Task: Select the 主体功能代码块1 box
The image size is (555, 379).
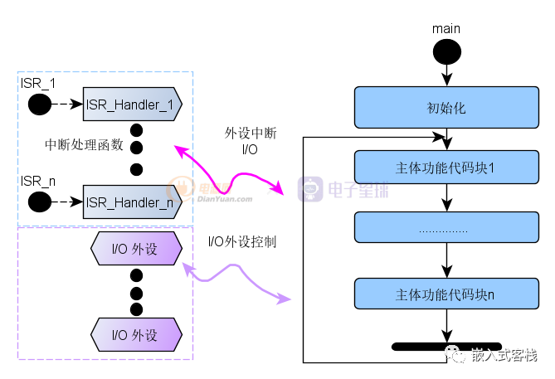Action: pos(445,167)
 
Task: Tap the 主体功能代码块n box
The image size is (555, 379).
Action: pos(445,294)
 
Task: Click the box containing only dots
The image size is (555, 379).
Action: pos(445,229)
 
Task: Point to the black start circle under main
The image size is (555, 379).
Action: pos(447,51)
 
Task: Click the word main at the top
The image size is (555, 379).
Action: pos(446,29)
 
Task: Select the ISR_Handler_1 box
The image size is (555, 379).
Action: pos(131,104)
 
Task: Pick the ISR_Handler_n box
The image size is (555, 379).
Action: pos(131,201)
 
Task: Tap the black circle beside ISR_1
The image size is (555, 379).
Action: pos(40,104)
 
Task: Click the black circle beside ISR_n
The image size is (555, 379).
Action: pos(40,201)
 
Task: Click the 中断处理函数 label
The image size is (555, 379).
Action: pos(84,144)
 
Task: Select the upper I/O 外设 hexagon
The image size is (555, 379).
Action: pos(135,250)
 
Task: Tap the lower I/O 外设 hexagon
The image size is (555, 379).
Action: pos(135,335)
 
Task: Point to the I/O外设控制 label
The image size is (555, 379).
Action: pos(241,242)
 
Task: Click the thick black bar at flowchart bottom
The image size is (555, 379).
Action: pos(446,346)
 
